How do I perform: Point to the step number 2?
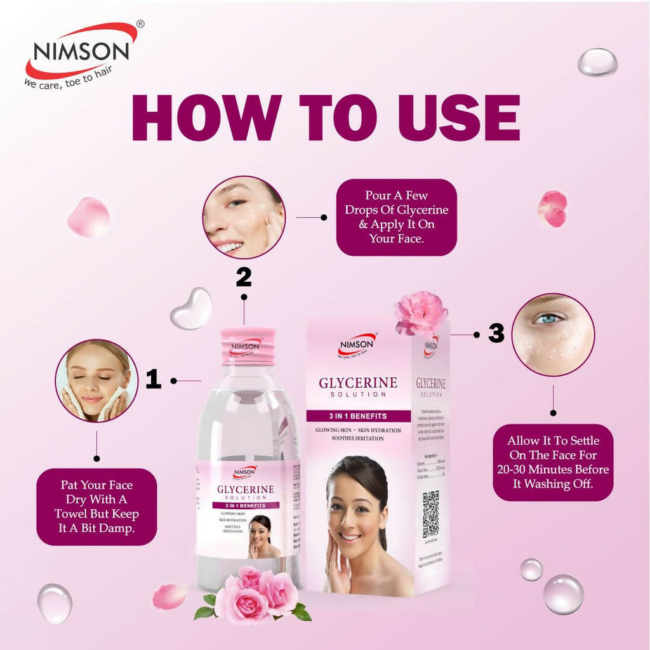[243, 277]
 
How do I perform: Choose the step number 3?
[496, 333]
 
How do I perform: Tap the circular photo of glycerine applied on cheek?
[244, 217]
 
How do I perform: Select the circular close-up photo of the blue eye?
[553, 335]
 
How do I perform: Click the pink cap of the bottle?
[248, 347]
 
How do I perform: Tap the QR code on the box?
[431, 514]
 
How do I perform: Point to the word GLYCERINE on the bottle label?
[246, 489]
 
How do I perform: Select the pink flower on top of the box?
[421, 314]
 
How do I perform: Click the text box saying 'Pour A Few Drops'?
[396, 217]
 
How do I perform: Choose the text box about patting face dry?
[96, 507]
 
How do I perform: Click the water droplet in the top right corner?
[597, 62]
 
